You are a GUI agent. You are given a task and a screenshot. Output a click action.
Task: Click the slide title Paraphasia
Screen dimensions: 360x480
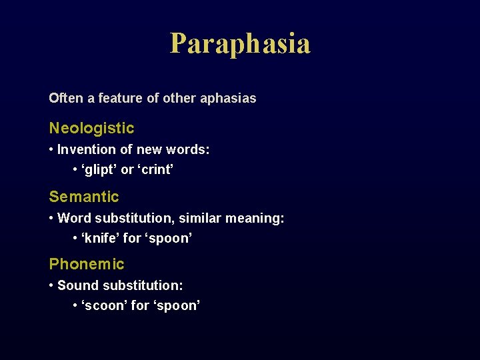click(240, 44)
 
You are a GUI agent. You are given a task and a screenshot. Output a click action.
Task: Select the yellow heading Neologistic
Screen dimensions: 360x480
click(91, 128)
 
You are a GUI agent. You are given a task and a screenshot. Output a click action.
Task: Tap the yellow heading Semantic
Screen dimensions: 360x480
click(84, 197)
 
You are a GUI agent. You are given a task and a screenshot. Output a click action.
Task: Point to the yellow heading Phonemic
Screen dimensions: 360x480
click(87, 264)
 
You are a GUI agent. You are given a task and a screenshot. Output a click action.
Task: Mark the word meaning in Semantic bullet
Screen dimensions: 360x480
click(256, 218)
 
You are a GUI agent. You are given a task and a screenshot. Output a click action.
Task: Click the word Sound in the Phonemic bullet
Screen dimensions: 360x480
click(74, 285)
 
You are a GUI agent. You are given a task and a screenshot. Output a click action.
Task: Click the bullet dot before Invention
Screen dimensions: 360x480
click(51, 150)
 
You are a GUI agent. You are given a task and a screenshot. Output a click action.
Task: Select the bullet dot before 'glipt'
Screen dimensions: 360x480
click(75, 170)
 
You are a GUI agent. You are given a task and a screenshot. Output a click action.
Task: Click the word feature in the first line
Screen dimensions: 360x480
click(120, 98)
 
